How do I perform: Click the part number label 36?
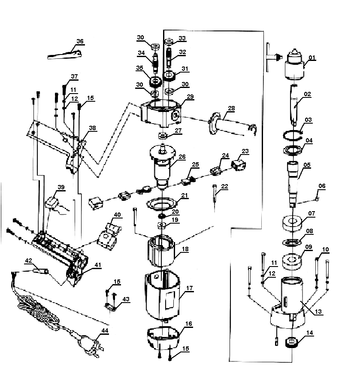pyautogui.click(x=80, y=41)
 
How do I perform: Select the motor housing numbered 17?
pyautogui.click(x=162, y=296)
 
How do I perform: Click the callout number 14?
pyautogui.click(x=310, y=332)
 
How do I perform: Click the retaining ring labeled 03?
pyautogui.click(x=295, y=135)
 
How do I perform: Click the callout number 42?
pyautogui.click(x=29, y=260)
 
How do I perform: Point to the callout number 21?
pyautogui.click(x=184, y=195)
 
